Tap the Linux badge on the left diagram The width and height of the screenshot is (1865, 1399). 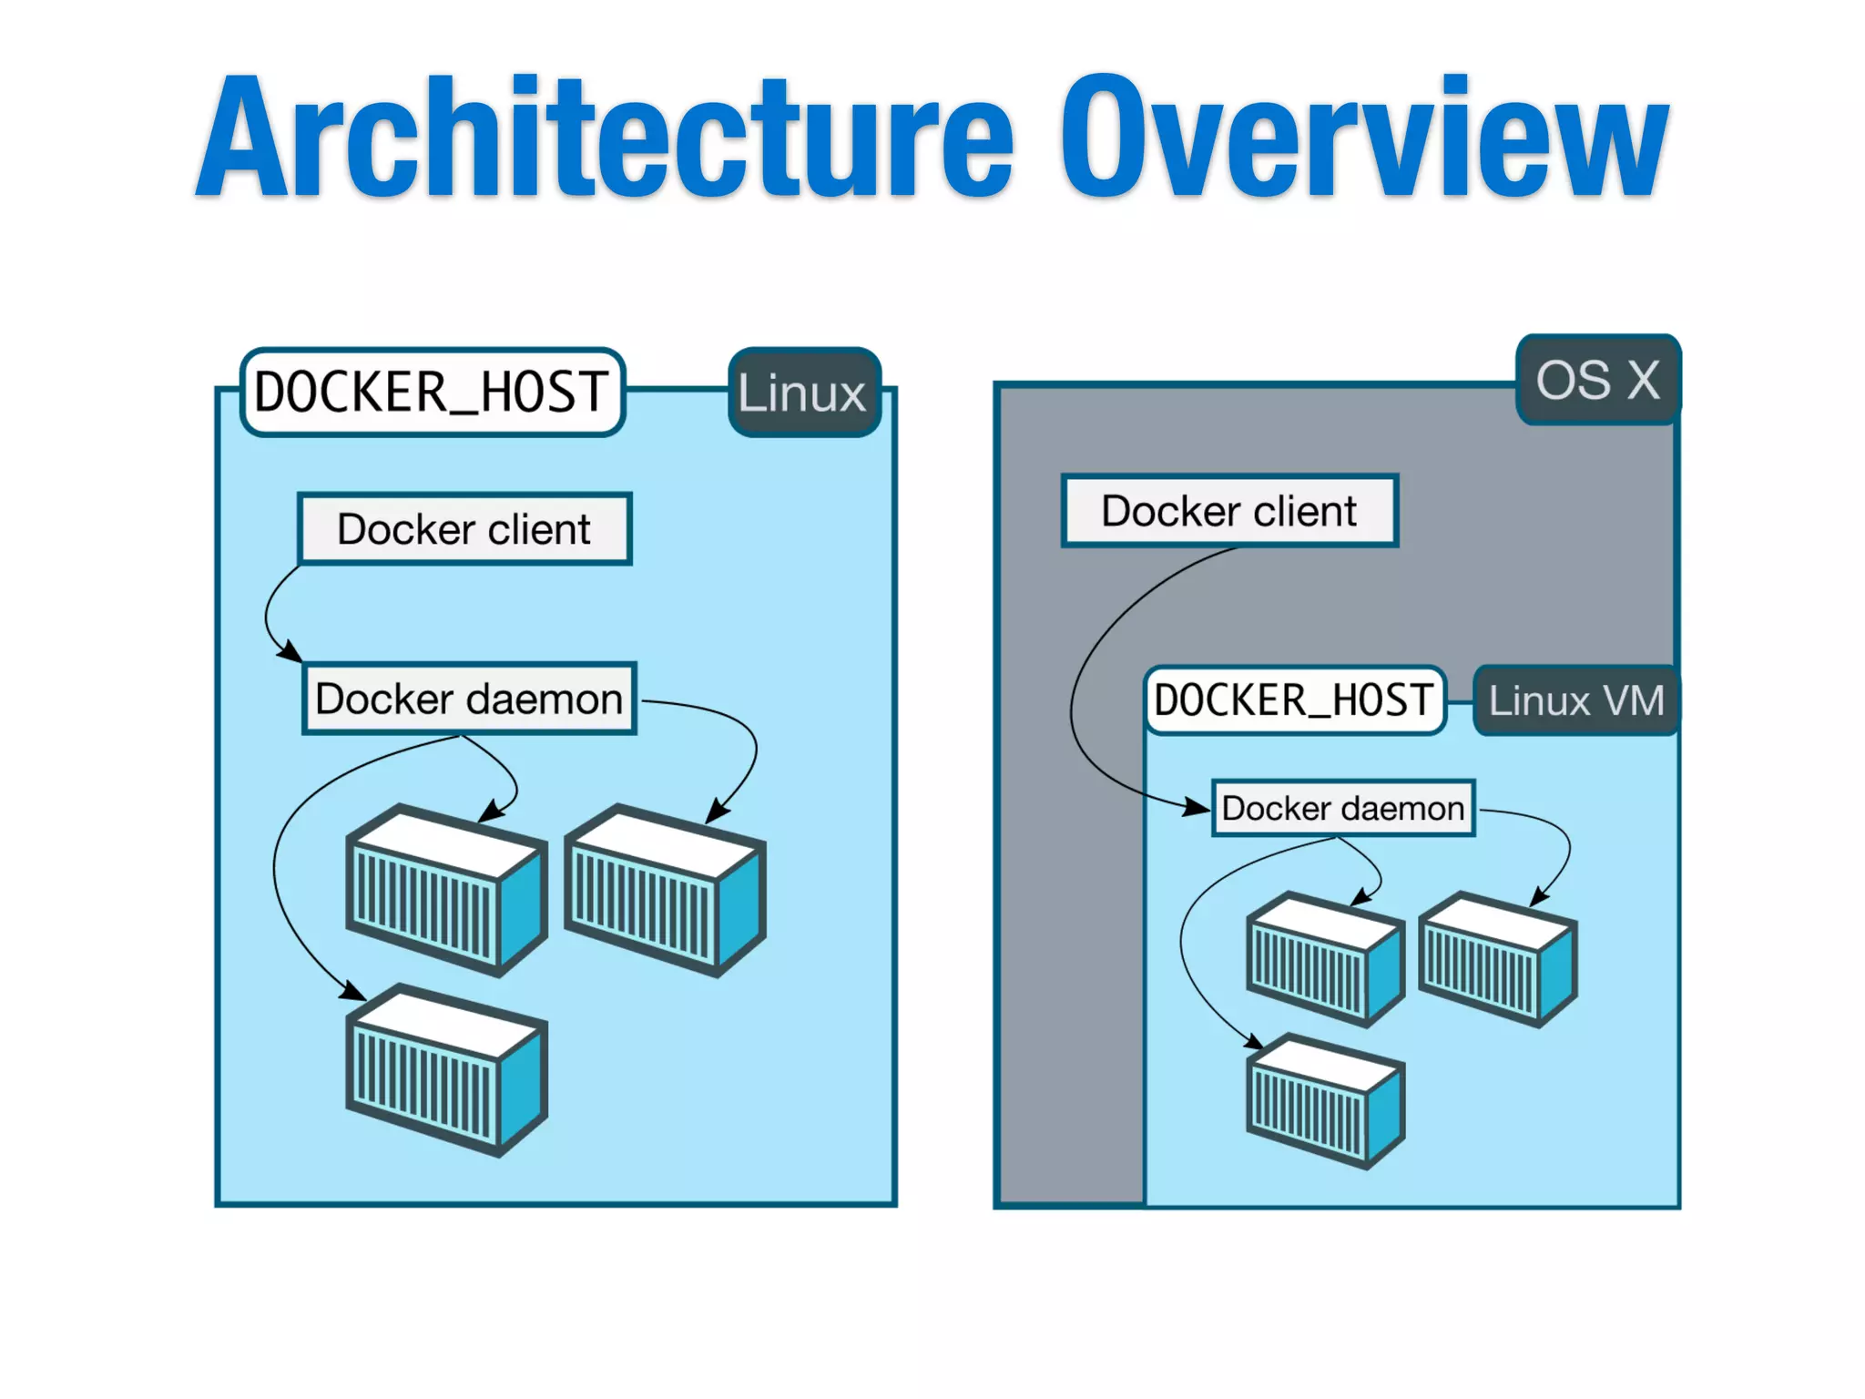point(803,393)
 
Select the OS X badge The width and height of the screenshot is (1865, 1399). point(1597,380)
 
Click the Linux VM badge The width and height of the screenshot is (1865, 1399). point(1575,700)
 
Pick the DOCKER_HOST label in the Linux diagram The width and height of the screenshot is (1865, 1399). point(432,393)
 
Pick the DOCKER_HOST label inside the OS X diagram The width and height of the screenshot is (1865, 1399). point(1294,700)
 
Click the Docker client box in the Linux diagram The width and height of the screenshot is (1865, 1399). point(464,529)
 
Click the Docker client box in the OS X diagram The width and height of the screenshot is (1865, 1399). point(1229,511)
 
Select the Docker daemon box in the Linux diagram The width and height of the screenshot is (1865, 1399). point(469,699)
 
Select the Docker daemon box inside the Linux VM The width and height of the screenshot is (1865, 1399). point(1342,808)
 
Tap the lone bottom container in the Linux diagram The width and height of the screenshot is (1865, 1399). point(446,1070)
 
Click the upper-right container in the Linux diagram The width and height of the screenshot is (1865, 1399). point(665,891)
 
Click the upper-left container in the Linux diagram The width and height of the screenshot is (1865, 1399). point(446,891)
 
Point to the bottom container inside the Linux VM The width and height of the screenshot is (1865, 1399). point(1325,1101)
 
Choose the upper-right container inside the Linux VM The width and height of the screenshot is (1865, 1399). point(1498,959)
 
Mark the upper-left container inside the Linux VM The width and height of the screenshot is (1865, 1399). point(1325,959)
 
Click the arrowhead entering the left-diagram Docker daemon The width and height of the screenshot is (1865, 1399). point(290,652)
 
